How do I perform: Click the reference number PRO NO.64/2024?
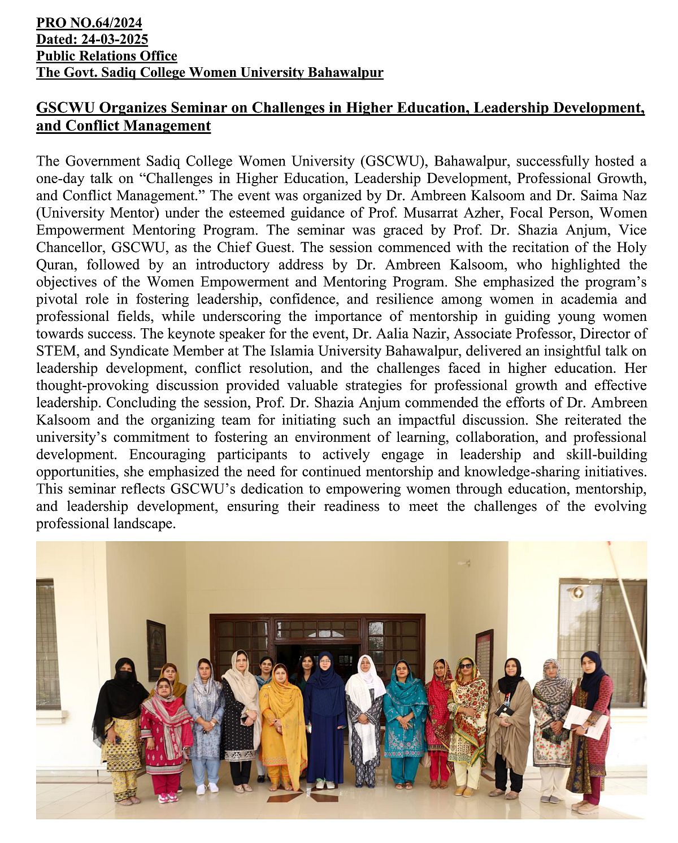click(x=89, y=23)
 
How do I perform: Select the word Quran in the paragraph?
click(x=54, y=265)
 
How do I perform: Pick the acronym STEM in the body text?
click(x=55, y=351)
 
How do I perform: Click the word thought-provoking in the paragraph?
click(x=92, y=385)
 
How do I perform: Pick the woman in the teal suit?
click(x=405, y=718)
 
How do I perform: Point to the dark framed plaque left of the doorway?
click(x=156, y=650)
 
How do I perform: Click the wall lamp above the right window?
click(x=577, y=593)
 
